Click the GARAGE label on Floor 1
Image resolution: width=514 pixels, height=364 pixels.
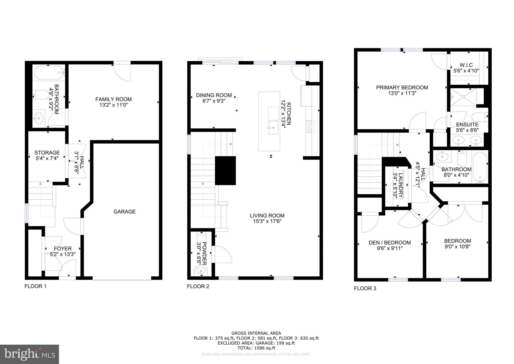point(124,212)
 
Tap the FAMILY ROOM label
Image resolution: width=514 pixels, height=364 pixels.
point(113,99)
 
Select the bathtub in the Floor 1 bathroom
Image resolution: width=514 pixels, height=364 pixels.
point(49,73)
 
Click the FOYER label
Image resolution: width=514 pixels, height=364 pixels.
point(62,249)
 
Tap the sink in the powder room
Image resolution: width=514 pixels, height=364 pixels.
point(201,271)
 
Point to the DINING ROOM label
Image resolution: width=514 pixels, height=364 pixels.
point(214,95)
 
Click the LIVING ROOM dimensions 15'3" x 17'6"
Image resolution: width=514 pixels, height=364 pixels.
point(267,221)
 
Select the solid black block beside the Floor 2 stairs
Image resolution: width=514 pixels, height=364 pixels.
point(225,170)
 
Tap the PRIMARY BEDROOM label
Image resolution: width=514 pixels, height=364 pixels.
point(402,87)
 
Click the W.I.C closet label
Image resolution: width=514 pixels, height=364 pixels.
point(466,65)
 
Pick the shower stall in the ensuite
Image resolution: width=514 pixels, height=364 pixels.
point(463,97)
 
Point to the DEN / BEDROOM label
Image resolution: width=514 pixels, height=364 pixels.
point(390,243)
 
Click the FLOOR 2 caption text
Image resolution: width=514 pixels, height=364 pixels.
point(198,286)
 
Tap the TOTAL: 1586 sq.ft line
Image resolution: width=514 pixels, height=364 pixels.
point(256,348)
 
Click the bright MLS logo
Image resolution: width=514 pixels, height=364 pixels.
point(29,354)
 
